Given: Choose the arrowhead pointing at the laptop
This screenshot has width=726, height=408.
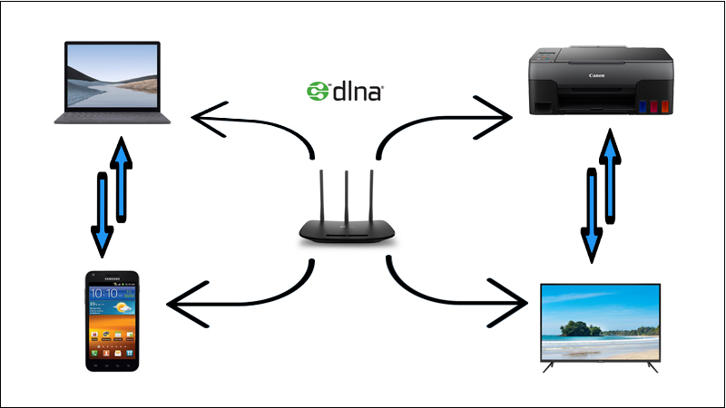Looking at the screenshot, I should (206, 119).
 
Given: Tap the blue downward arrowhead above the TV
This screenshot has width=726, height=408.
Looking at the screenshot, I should (592, 245).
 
